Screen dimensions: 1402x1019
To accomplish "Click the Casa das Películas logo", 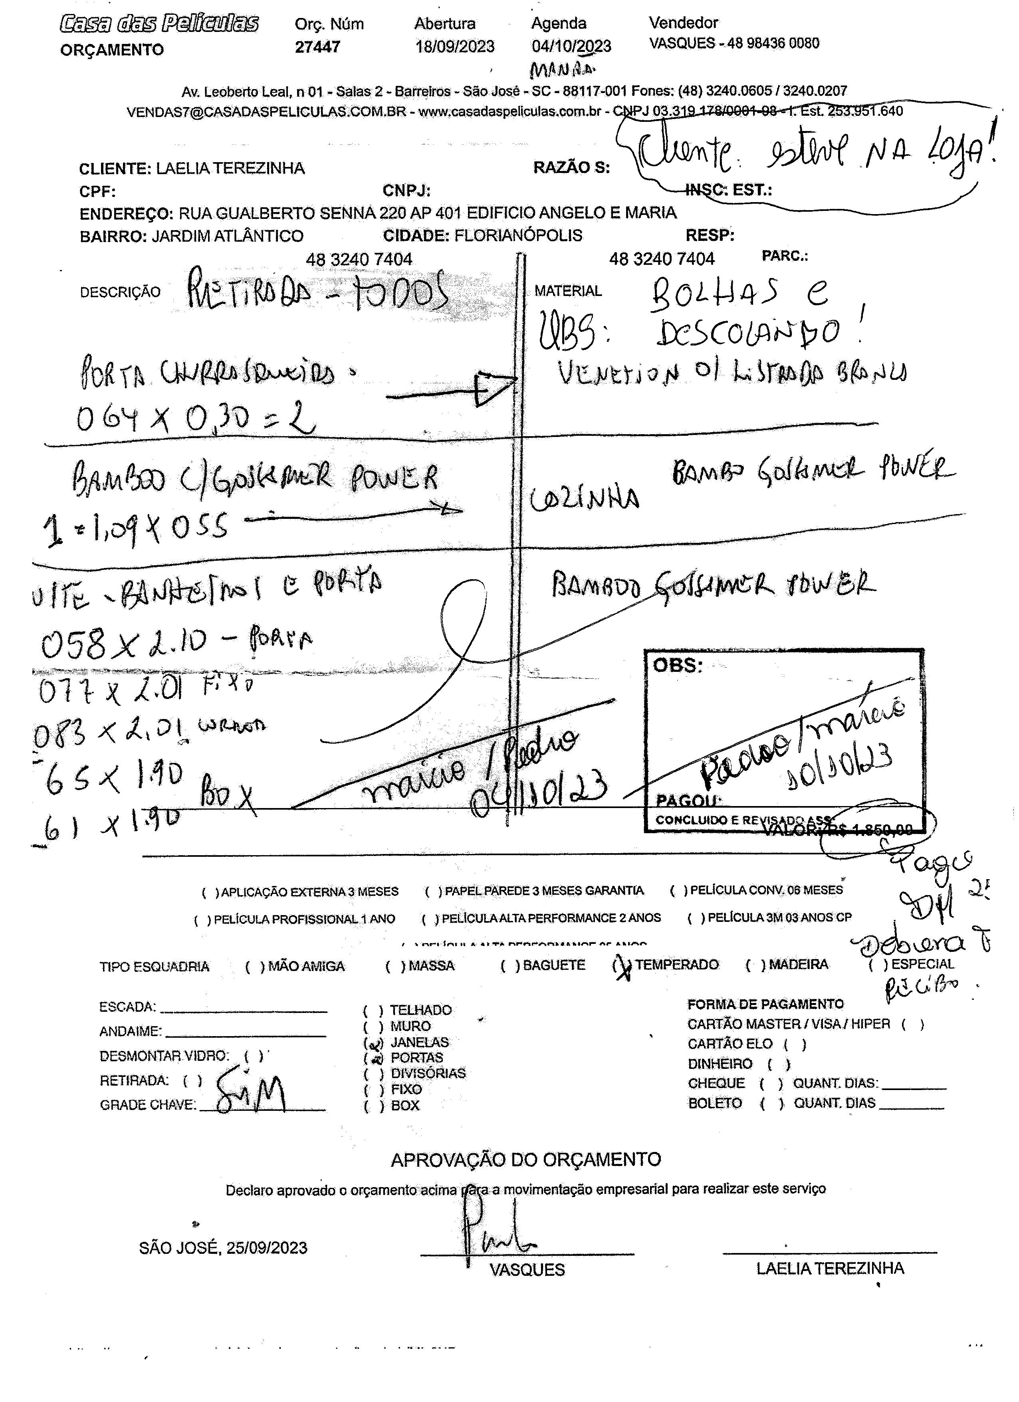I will [x=159, y=24].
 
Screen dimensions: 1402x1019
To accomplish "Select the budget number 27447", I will [x=317, y=47].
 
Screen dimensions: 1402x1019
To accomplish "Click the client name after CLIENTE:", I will [x=230, y=168].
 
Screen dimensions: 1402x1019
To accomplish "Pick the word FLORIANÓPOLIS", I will [x=518, y=236].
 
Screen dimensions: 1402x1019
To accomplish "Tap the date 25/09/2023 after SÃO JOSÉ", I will [x=266, y=1248].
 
